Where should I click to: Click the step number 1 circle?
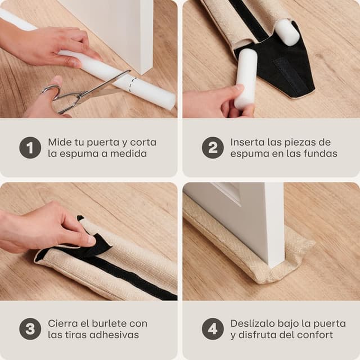click(30, 147)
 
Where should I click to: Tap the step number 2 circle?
click(213, 147)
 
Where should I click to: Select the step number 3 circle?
click(30, 328)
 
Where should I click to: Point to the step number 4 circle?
click(213, 328)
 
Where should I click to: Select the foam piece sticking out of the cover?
click(287, 32)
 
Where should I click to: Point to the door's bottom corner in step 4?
click(273, 266)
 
